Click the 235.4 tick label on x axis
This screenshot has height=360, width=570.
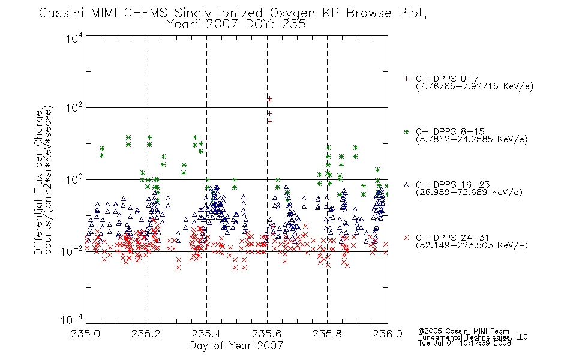[206, 334]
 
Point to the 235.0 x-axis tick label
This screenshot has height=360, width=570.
[85, 334]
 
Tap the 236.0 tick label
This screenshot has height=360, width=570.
[388, 334]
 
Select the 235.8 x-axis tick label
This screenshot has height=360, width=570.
[327, 334]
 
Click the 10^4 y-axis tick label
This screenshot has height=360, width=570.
[74, 38]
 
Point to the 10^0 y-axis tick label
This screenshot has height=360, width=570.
[74, 179]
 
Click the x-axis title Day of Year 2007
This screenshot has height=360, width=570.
[236, 346]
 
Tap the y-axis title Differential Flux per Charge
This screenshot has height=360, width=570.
[38, 182]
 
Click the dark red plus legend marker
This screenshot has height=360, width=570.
[406, 79]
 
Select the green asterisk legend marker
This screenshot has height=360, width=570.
[406, 131]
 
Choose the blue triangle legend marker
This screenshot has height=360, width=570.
[406, 185]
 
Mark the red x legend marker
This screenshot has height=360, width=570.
[406, 238]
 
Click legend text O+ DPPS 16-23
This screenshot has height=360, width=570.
[453, 184]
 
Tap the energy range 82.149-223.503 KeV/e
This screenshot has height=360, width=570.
[472, 245]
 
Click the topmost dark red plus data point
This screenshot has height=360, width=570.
[269, 98]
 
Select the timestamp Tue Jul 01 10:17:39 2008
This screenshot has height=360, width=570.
[464, 343]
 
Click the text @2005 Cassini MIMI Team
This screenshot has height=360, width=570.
[463, 331]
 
